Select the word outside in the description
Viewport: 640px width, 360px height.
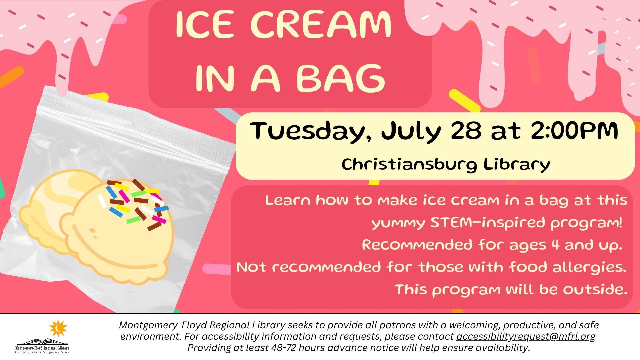(x=595, y=289)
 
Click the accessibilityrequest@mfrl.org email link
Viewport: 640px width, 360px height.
(x=526, y=336)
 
